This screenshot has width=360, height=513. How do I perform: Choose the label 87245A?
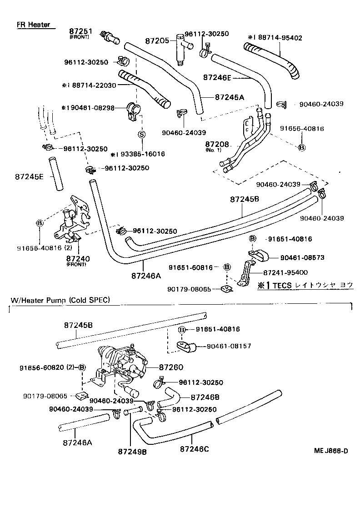tap(230, 97)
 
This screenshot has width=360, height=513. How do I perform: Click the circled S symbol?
tap(141, 134)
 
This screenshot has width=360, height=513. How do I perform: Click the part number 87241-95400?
tap(285, 272)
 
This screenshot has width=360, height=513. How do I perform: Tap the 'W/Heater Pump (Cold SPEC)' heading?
tap(60, 300)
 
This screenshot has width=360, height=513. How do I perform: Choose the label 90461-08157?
tap(229, 346)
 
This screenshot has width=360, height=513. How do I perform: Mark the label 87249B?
tap(132, 452)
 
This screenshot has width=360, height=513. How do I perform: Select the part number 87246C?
tap(194, 449)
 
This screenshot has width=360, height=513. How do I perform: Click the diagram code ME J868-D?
tap(330, 451)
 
